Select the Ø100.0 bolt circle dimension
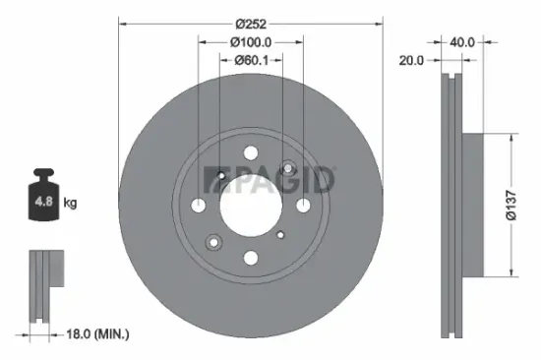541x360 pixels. coord(250,42)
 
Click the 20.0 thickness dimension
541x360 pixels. coord(412,61)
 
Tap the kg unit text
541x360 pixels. coord(71,204)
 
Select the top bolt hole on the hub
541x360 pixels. coord(250,153)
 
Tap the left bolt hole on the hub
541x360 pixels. coord(199,205)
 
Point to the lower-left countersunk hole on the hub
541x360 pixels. coord(213,242)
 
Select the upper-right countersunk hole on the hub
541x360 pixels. coord(287,168)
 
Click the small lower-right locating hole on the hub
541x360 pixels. coord(281,234)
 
